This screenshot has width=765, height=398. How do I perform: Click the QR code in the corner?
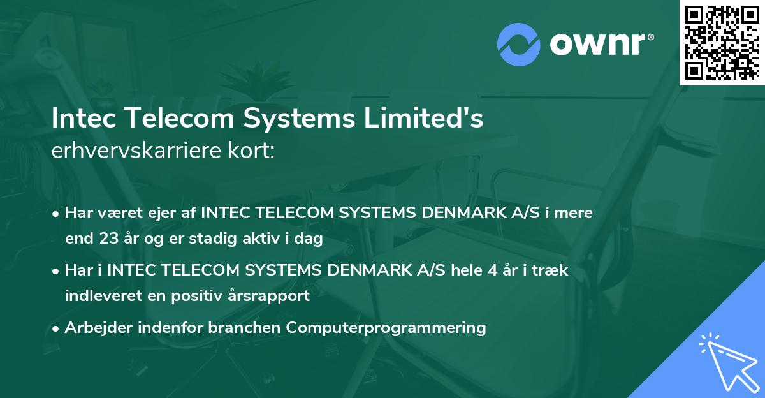pyautogui.click(x=721, y=43)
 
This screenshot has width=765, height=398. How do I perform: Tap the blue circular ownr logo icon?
pyautogui.click(x=518, y=44)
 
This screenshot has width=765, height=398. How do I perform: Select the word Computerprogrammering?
pyautogui.click(x=386, y=328)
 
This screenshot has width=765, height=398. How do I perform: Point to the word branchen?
pyautogui.click(x=245, y=328)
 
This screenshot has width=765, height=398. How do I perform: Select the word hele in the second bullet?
pyautogui.click(x=455, y=270)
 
